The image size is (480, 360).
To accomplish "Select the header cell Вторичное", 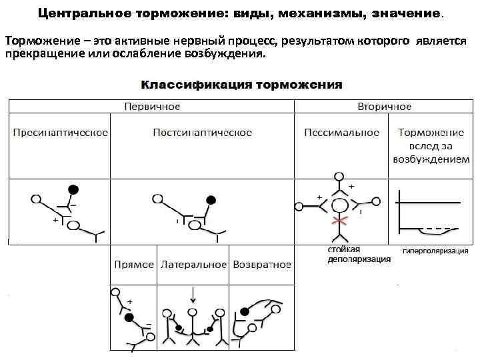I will tap(384, 107).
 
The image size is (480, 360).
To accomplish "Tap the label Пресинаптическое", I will tap(61, 133).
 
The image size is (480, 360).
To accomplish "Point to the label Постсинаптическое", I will tap(203, 133).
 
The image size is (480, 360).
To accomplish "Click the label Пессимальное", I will tap(341, 133).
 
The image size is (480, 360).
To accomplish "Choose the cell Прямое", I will tap(134, 264).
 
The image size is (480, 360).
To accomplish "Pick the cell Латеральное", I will tap(193, 264).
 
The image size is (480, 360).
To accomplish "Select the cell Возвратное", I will tap(261, 264).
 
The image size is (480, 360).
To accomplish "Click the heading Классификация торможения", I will tap(241, 85).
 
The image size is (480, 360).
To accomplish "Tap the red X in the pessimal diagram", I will tap(341, 221).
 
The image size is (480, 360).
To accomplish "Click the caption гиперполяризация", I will tap(435, 251).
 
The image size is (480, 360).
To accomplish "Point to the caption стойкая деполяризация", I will tap(359, 255).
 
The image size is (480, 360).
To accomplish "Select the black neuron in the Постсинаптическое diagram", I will tap(211, 199).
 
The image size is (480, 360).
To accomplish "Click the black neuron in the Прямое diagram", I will tap(129, 317).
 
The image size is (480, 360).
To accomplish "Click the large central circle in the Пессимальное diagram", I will tap(341, 205).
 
